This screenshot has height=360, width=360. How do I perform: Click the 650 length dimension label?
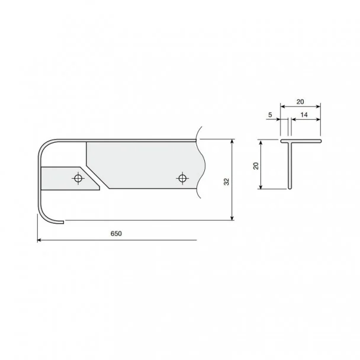click(116, 233)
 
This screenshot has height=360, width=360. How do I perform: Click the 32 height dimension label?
click(226, 182)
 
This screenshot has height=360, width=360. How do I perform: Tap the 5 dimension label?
click(270, 114)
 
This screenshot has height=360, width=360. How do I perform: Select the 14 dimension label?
click(304, 115)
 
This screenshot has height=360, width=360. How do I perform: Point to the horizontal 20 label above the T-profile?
click(300, 102)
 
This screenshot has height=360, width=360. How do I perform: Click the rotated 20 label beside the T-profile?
click(256, 166)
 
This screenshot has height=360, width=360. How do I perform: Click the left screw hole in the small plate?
click(78, 178)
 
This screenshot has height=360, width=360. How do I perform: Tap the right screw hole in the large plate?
click(182, 178)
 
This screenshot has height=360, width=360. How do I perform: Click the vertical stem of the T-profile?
click(290, 166)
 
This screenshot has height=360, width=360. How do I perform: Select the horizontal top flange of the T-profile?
click(301, 141)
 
